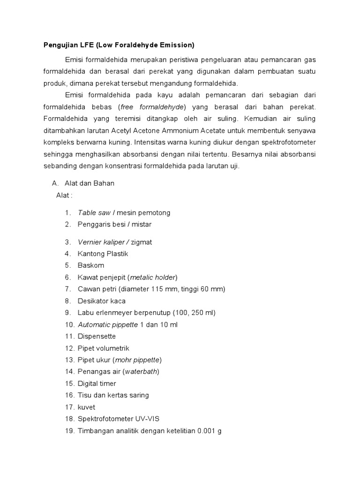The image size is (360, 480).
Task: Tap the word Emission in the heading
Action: coord(176,45)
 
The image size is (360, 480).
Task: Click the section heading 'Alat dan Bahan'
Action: coord(89,183)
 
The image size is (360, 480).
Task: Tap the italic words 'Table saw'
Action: coord(94,213)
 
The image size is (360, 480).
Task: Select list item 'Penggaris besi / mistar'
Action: coord(115,225)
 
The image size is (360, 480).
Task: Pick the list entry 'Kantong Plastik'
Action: coord(103,254)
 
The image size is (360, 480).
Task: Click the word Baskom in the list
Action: coord(91,266)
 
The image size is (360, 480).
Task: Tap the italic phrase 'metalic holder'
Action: coord(152,277)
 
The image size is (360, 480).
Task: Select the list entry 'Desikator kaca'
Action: coord(102,301)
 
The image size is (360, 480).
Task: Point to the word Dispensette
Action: coord(97,337)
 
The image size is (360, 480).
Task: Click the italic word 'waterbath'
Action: coord(144,372)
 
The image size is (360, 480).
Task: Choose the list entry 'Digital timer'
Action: coord(97,383)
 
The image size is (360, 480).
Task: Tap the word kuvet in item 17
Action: coord(86,407)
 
